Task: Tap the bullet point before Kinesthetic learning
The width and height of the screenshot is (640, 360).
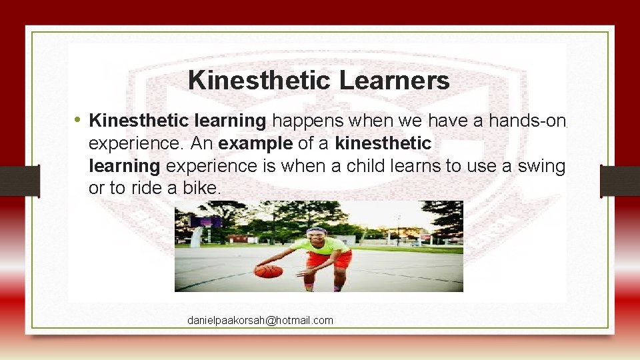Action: (78, 120)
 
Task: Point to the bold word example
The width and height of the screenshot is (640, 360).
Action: (255, 143)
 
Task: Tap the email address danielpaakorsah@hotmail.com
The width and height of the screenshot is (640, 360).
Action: (260, 321)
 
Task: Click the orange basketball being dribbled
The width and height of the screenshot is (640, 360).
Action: (268, 271)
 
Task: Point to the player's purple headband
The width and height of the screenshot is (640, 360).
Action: (317, 231)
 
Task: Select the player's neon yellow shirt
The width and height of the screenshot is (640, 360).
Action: (327, 245)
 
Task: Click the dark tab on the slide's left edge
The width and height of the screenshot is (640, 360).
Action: (19, 181)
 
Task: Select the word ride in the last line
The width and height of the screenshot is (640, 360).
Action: (143, 189)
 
